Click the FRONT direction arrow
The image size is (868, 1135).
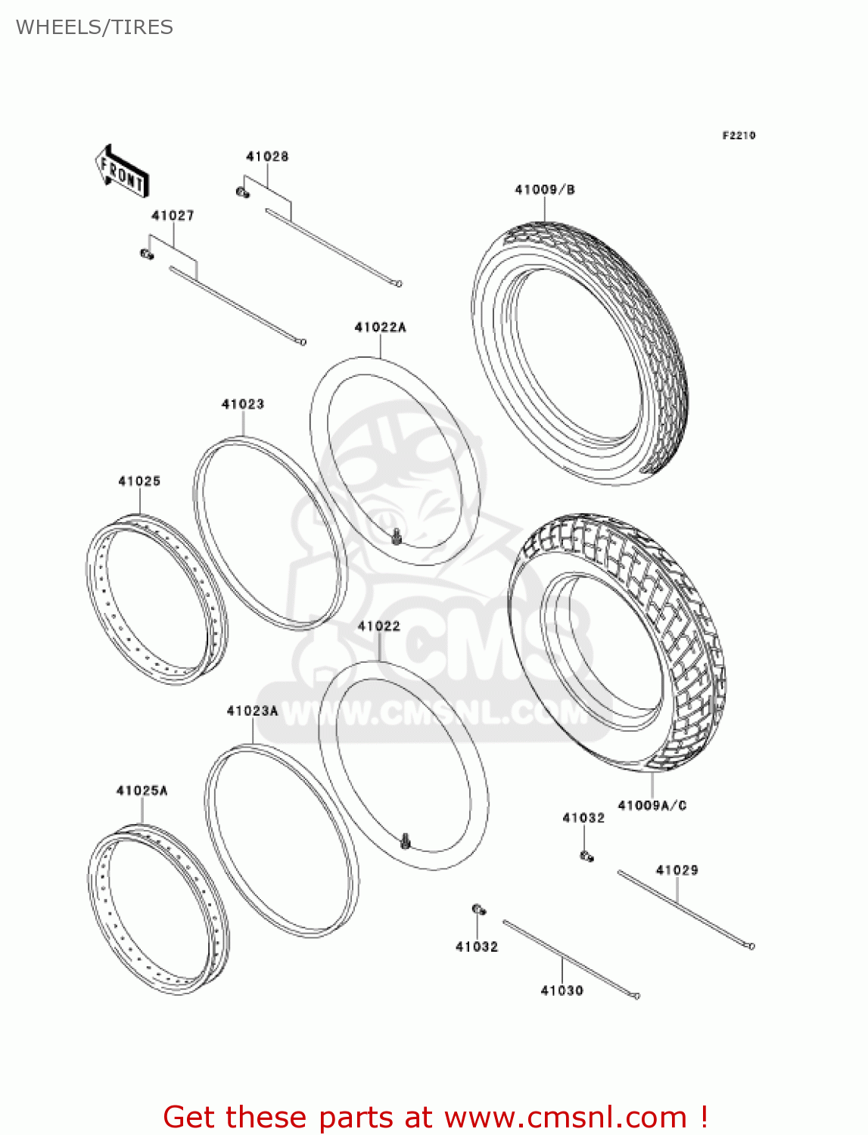[122, 172]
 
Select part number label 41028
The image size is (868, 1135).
[267, 157]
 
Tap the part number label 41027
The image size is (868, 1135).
[173, 216]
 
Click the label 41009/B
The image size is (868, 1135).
[545, 189]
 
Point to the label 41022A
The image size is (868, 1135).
[380, 327]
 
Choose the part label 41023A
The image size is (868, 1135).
[252, 711]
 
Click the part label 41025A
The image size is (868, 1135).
[142, 791]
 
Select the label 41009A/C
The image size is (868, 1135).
[652, 805]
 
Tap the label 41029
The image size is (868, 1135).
[677, 870]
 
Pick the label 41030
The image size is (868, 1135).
[562, 990]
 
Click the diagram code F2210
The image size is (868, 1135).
[739, 135]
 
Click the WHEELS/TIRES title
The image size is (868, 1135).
[95, 27]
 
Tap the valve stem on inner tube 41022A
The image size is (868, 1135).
[396, 537]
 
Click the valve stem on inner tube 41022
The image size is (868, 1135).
[406, 840]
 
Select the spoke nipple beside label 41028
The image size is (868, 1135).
[243, 192]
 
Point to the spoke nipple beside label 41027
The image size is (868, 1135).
[147, 254]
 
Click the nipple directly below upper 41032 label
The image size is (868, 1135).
[586, 856]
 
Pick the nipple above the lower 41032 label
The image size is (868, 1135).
[478, 910]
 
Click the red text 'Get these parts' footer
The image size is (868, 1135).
[435, 1117]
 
